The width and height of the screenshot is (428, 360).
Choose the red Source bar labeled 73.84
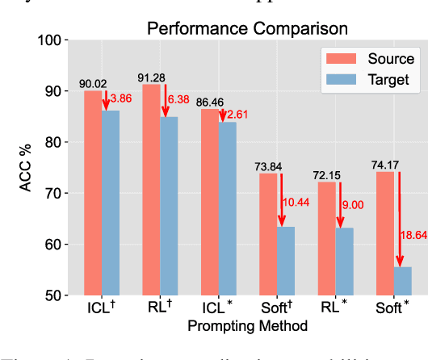[269, 234]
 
